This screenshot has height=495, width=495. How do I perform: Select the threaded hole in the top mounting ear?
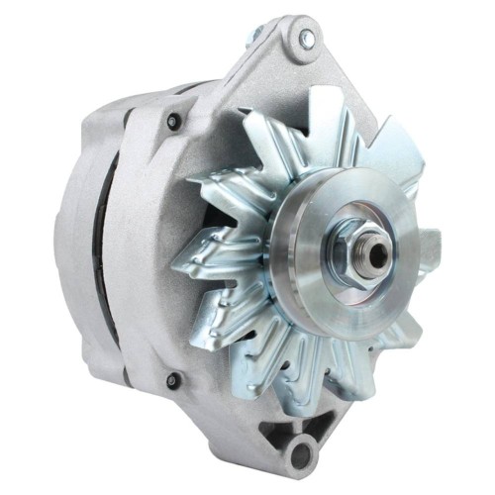pos(306,38)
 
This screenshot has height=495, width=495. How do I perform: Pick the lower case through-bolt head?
pos(174,380)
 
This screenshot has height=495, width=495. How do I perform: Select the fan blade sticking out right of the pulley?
pos(428,243)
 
